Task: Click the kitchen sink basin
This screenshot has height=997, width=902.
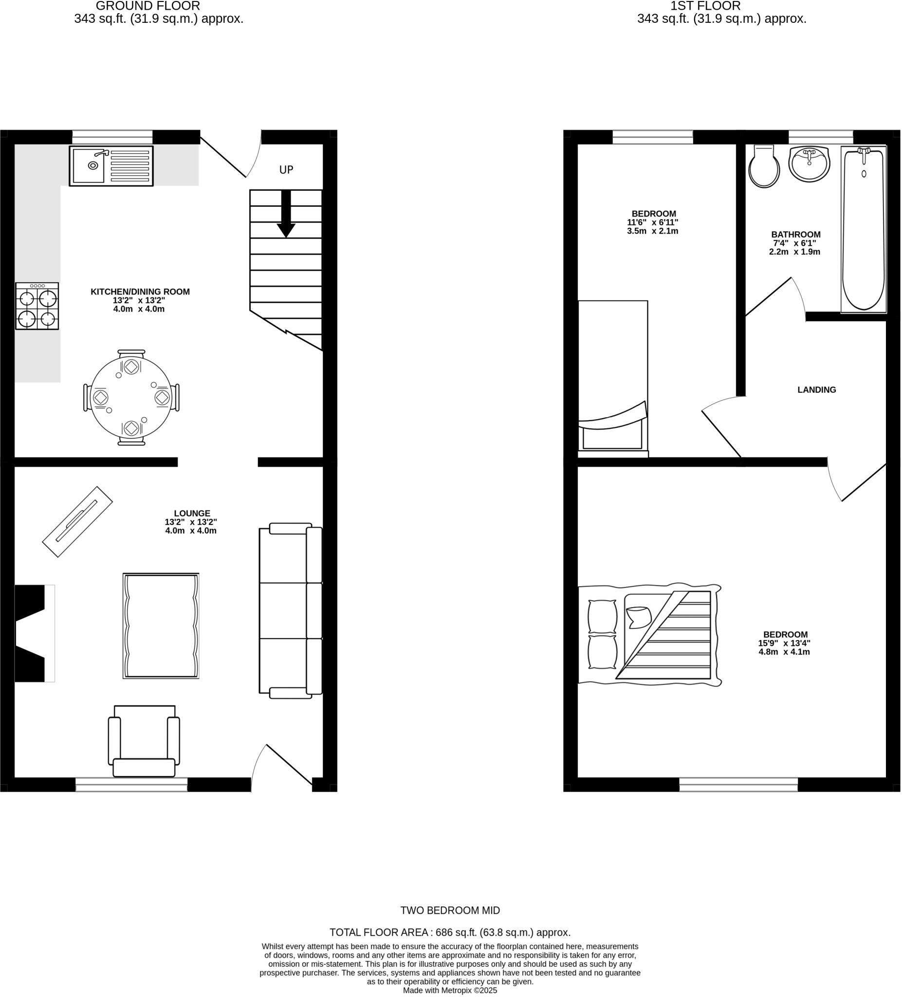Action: click(89, 165)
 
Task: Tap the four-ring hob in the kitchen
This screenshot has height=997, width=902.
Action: click(37, 306)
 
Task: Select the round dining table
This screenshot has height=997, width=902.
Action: click(131, 398)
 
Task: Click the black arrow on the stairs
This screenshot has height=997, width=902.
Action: click(286, 214)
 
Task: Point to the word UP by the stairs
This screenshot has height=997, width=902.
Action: click(286, 169)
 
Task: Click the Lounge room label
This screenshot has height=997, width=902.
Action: click(192, 513)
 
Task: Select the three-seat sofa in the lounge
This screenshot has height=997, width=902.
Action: click(291, 611)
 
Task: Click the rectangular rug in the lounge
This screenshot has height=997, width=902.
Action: click(161, 626)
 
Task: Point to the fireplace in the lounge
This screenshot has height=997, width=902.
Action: click(32, 633)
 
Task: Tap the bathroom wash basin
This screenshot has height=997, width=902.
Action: click(809, 164)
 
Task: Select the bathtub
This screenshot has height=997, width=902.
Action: click(864, 230)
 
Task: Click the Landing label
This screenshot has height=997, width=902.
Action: click(816, 390)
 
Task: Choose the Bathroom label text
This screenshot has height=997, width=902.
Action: click(796, 235)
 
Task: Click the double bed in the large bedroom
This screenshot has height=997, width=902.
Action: click(649, 635)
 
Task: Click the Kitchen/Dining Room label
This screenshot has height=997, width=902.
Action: click(140, 292)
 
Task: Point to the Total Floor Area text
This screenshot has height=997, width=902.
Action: click(450, 932)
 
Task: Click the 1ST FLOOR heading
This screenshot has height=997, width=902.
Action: click(705, 6)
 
